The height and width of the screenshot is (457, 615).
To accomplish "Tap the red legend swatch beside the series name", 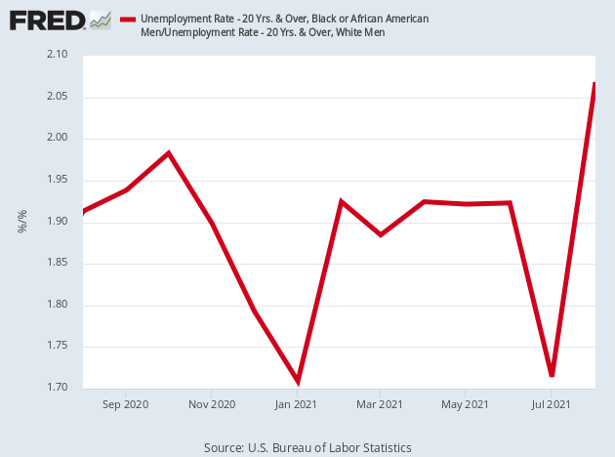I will click(x=127, y=20).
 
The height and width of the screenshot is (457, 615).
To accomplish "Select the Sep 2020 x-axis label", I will click(x=126, y=403).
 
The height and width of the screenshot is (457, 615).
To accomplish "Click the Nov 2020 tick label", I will click(x=212, y=403).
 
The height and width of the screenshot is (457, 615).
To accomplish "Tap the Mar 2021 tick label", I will click(x=380, y=403).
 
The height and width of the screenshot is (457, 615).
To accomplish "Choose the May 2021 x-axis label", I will click(x=465, y=403).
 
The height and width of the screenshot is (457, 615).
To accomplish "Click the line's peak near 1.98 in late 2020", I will click(x=169, y=153).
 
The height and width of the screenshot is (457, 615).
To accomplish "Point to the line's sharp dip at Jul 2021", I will click(x=553, y=375).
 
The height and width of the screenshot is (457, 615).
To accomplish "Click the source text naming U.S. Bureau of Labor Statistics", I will click(x=307, y=447).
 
